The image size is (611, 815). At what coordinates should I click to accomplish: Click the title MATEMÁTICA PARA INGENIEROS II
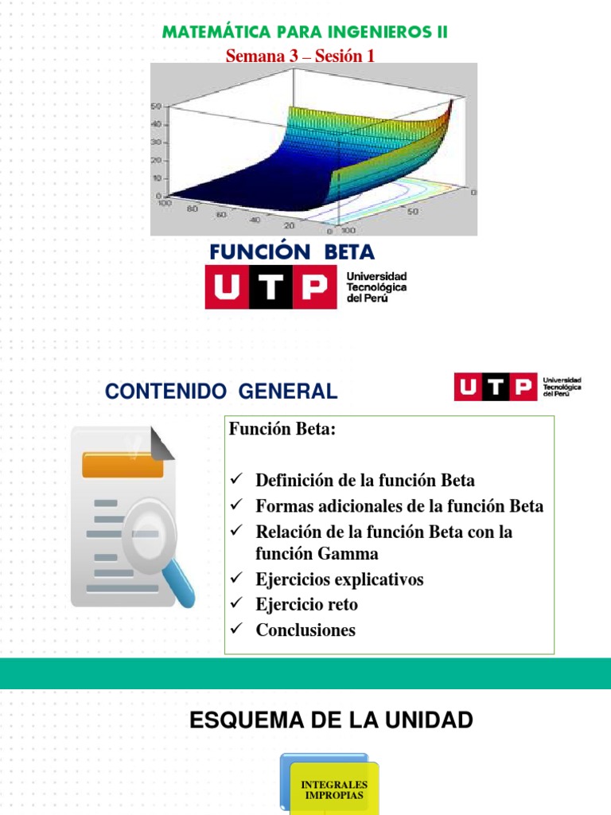pos(305,33)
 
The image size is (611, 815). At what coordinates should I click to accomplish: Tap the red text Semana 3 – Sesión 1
pos(300,55)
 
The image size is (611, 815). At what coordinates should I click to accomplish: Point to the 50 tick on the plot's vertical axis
pos(157,106)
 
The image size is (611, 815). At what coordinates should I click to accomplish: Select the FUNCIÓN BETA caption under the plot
pos(292,252)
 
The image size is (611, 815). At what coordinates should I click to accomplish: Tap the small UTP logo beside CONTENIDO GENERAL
pos(495,388)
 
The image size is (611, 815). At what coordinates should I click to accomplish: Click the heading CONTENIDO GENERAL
pos(221,392)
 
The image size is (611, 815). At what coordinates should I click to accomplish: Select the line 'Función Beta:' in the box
pos(283,430)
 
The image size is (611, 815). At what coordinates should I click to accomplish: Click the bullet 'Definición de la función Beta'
pos(364,480)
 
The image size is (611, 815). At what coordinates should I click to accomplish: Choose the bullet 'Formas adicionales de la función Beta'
pos(399,505)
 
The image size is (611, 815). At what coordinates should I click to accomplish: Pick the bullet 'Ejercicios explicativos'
pos(339,579)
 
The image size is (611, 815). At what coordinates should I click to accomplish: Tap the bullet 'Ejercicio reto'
pos(306,604)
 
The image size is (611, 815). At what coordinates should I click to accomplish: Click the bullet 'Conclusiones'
pos(305,630)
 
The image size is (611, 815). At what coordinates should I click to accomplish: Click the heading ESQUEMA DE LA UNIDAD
pos(331,721)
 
